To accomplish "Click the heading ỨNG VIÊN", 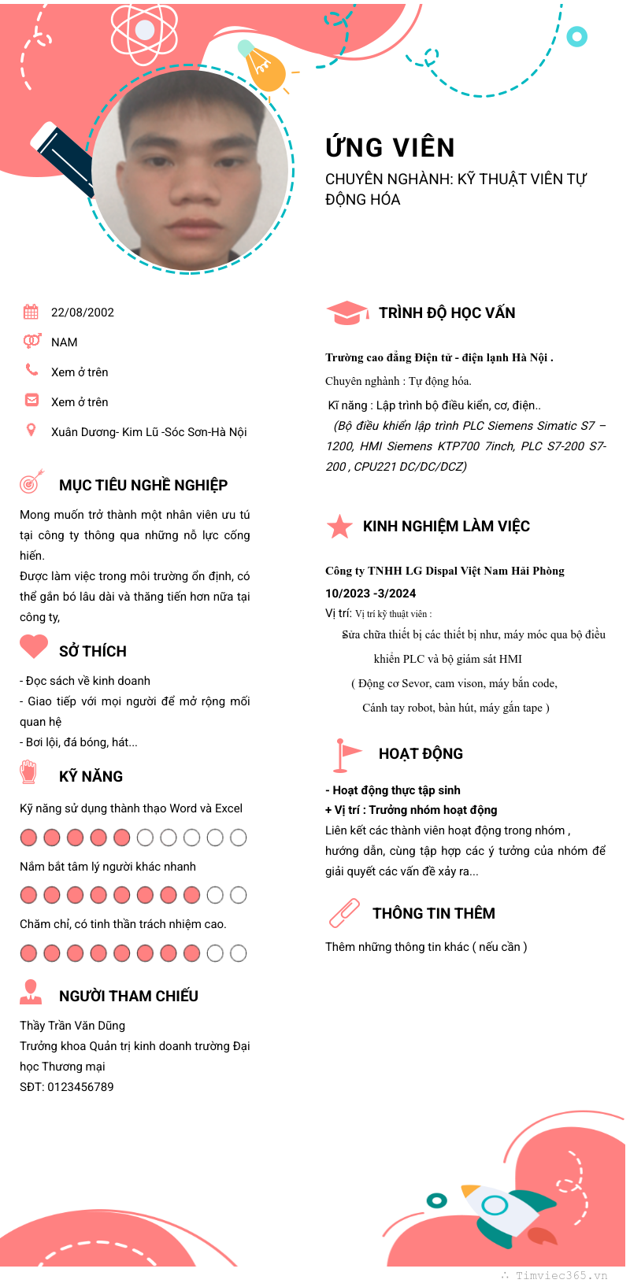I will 390,148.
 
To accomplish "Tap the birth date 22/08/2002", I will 83,313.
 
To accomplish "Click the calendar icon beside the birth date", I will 31,312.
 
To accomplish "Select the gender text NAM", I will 65,342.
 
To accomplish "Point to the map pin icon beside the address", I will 31,430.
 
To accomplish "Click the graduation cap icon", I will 346,313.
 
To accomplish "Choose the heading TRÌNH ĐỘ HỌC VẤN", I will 447,313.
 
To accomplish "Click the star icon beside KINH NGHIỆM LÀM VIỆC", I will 339,527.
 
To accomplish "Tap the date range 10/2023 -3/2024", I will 370,594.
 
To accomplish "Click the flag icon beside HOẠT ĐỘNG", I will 345,755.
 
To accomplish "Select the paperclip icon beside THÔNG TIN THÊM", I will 344,913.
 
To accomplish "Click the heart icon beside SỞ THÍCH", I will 34,647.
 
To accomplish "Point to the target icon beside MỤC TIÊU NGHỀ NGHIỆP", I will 31,482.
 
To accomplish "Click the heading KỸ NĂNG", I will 91,777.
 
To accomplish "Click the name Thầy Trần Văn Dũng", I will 72,1026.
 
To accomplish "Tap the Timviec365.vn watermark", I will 561,1276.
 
